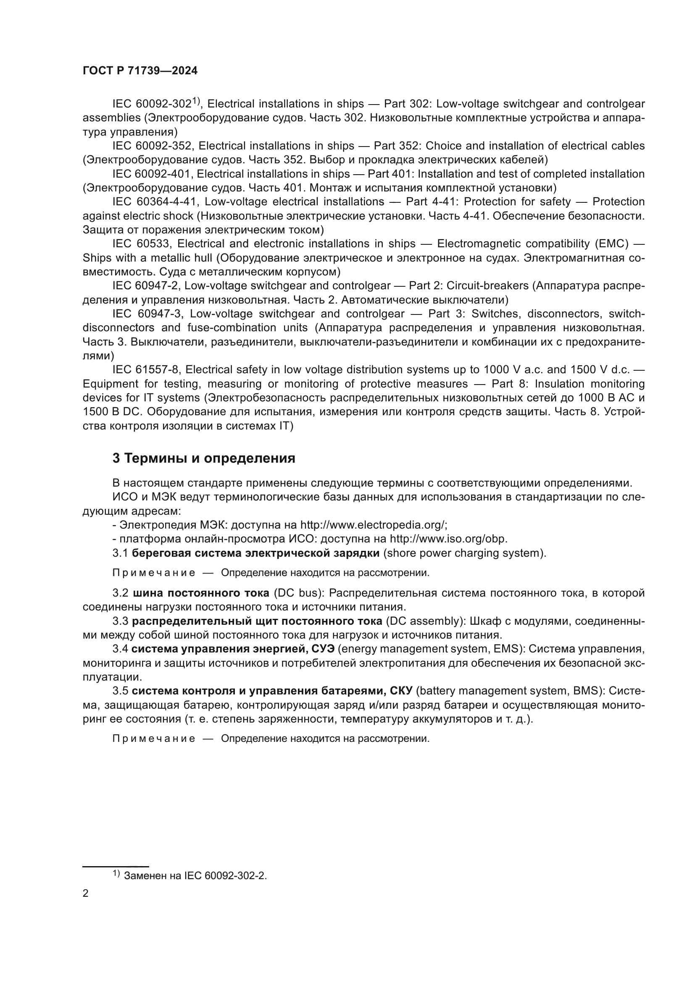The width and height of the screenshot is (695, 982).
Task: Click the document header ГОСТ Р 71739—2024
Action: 140,71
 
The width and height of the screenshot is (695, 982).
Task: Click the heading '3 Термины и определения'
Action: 204,458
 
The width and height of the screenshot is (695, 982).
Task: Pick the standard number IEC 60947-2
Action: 145,286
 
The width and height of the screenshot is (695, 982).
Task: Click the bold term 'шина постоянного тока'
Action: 201,593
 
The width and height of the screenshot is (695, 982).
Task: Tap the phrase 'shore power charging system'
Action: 464,553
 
